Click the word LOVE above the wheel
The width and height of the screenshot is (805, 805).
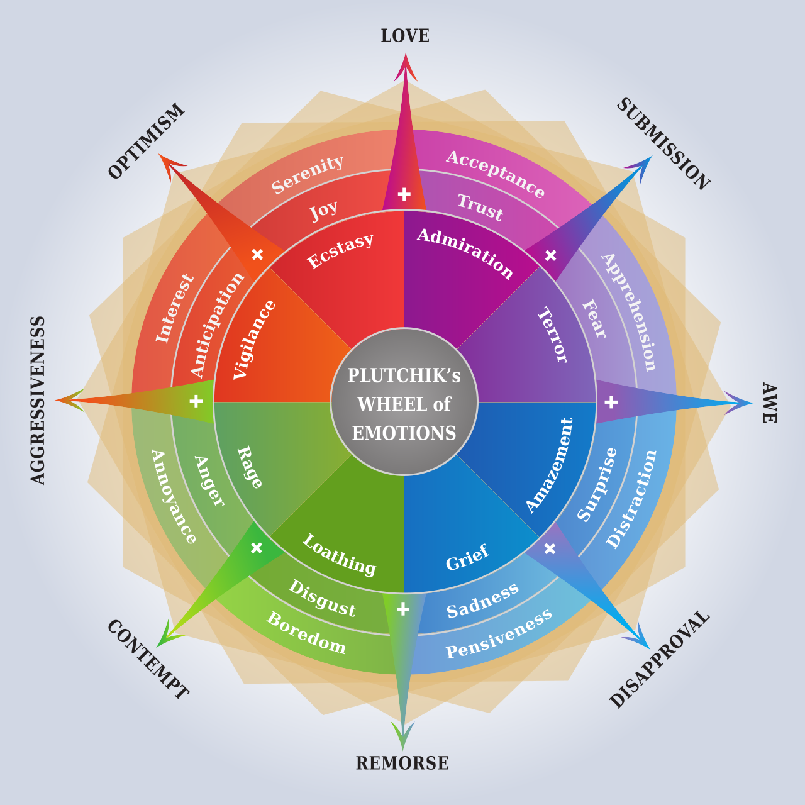[405, 35]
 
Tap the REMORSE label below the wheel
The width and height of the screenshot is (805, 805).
[402, 763]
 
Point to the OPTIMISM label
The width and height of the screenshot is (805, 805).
[146, 141]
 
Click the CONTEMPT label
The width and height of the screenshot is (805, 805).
[148, 660]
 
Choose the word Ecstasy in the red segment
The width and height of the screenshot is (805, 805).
[340, 250]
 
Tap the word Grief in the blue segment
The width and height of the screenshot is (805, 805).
[467, 557]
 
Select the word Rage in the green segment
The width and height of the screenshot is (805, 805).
[250, 467]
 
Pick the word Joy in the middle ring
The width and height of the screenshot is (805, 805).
[323, 210]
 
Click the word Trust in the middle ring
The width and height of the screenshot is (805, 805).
[480, 207]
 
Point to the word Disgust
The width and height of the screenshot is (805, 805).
[322, 598]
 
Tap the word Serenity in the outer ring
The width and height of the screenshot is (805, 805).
[308, 175]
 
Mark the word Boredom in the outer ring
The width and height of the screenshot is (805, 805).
[306, 633]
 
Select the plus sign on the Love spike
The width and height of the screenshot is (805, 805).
[404, 194]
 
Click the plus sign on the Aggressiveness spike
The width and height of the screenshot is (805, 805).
[196, 401]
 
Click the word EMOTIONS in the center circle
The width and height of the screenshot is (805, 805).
[404, 433]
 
